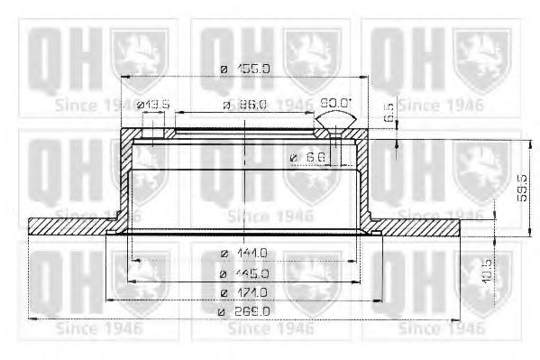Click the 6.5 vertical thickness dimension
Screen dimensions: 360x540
click(x=389, y=115)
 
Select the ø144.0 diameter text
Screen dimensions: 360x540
click(x=243, y=253)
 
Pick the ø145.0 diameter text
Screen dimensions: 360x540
click(x=243, y=273)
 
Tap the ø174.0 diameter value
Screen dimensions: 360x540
click(x=243, y=292)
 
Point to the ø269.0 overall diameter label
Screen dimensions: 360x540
click(x=243, y=311)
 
